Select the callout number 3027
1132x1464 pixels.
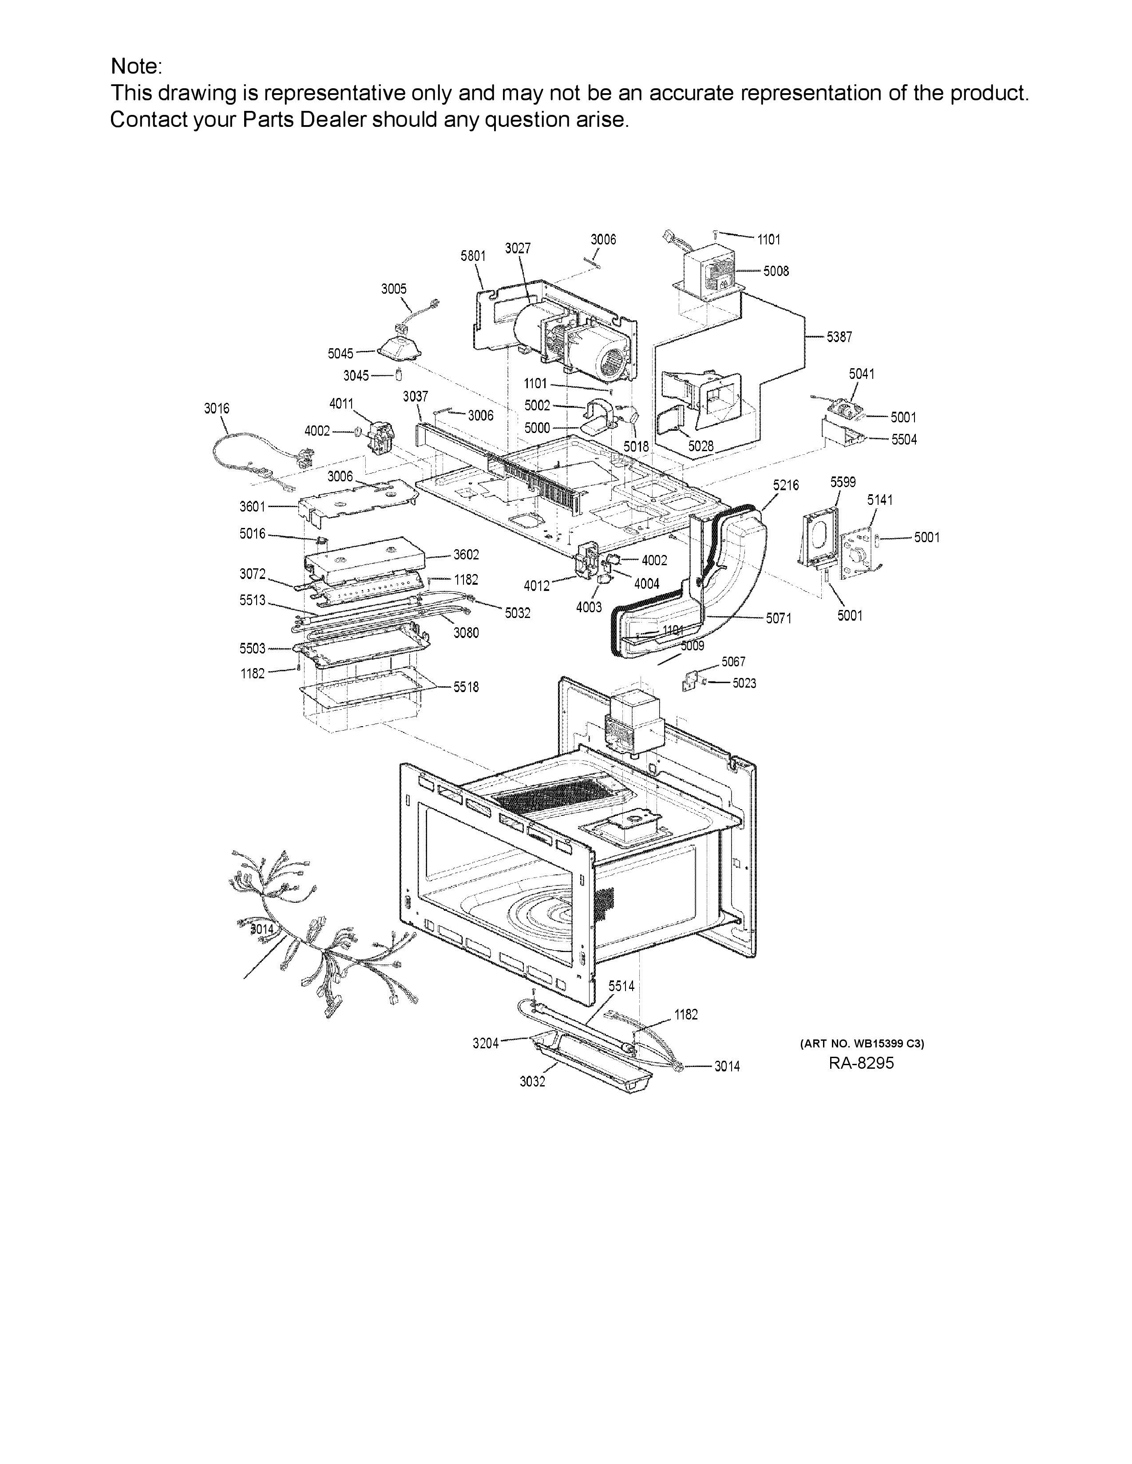[x=518, y=249]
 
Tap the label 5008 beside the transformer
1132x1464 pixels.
[x=776, y=272]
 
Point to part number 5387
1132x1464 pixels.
[x=839, y=337]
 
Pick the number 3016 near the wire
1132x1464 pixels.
[x=217, y=408]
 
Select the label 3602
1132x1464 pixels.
[x=466, y=555]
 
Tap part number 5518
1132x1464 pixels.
[x=466, y=687]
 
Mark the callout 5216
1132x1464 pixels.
[x=785, y=485]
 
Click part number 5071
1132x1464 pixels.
[x=779, y=619]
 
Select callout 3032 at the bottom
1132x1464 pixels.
[x=532, y=1082]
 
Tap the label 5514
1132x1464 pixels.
[x=621, y=986]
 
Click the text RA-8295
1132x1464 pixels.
[x=861, y=1063]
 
